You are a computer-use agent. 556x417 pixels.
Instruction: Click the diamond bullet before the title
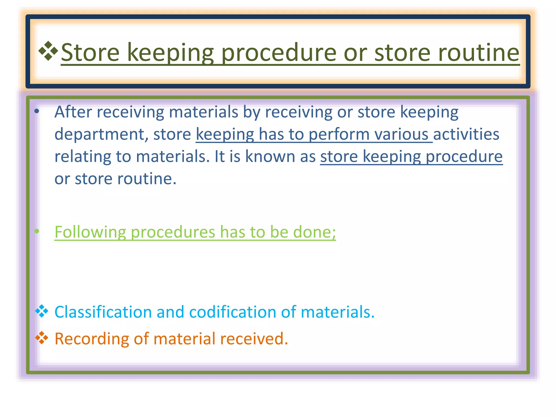(x=48, y=51)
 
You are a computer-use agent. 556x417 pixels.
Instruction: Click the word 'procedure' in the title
(x=279, y=53)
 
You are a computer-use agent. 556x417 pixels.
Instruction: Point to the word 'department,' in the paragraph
(x=101, y=134)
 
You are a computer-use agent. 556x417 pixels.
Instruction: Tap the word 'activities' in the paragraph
(x=466, y=134)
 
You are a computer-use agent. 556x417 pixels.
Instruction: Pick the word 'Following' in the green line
(x=90, y=232)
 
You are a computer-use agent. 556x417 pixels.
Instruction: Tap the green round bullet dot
(x=37, y=231)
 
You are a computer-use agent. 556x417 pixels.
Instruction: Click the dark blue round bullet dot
(x=37, y=111)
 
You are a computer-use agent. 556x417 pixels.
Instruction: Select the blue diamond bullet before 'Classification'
(x=42, y=311)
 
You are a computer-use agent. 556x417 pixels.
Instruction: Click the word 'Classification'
(x=103, y=312)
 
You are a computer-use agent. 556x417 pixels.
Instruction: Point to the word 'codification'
(x=232, y=312)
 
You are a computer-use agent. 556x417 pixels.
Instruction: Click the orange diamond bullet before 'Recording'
(x=42, y=338)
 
